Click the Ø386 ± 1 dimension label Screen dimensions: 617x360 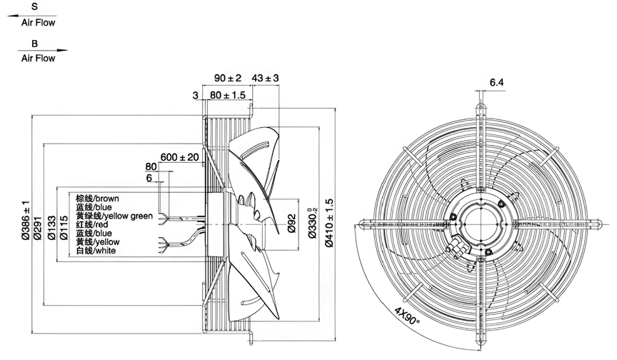pos(26,219)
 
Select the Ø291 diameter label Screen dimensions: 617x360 pos(37,228)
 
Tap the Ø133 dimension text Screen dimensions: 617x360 pos(51,228)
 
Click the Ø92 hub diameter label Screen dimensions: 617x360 pos(291,223)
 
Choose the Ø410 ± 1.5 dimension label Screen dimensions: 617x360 pos(329,223)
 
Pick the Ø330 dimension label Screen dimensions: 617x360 pos(313,223)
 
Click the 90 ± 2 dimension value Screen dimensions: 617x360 pos(227,78)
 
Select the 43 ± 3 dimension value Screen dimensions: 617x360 pos(265,78)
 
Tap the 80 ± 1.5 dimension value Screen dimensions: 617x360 pos(227,95)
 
